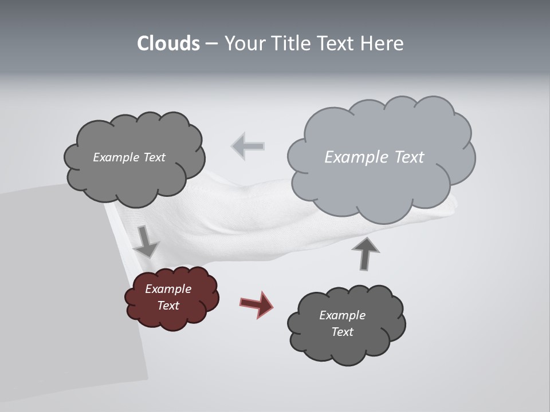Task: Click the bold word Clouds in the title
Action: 168,43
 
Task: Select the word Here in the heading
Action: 383,43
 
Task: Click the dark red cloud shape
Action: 172,298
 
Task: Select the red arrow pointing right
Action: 256,304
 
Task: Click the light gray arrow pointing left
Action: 248,146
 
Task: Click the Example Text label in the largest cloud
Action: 374,157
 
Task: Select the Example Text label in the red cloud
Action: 168,297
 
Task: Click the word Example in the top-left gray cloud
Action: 116,157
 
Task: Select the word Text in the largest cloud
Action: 406,157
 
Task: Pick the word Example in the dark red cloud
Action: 168,289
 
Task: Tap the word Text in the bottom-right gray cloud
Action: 342,332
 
